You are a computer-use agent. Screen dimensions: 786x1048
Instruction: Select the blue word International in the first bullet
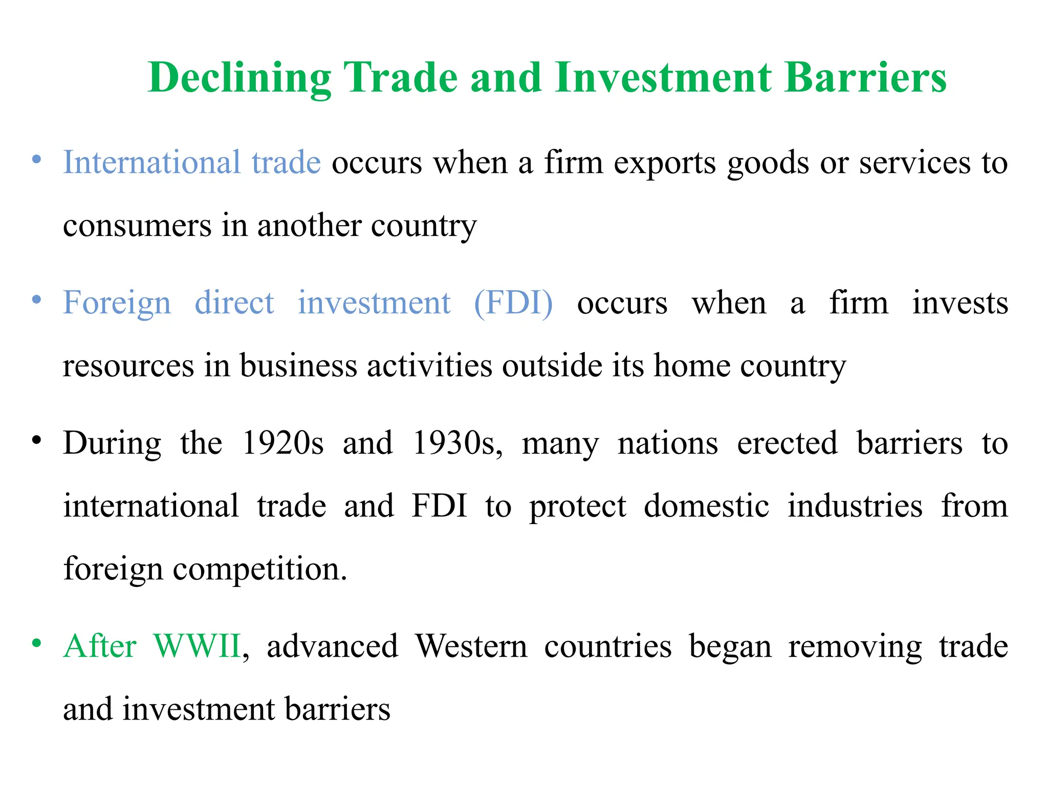click(x=151, y=163)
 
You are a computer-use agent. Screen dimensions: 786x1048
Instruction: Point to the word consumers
click(x=137, y=226)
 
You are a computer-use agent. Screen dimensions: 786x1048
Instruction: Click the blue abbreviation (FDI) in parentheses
click(x=513, y=303)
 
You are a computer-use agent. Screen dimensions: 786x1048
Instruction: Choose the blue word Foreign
click(x=117, y=303)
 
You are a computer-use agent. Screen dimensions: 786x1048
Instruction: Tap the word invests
click(x=960, y=303)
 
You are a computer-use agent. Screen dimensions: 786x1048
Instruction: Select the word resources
click(x=128, y=366)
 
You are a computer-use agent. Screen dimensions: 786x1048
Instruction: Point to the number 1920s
click(x=282, y=443)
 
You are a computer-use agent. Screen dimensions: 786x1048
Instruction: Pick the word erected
click(x=787, y=443)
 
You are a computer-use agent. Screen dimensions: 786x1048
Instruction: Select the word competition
click(x=260, y=569)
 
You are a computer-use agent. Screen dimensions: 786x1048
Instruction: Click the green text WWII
click(x=197, y=646)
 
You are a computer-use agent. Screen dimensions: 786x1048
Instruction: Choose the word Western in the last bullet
click(x=471, y=646)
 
